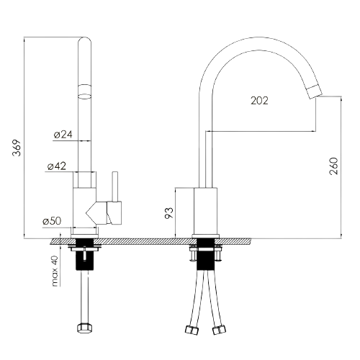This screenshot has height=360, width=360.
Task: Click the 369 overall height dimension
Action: click(17, 148)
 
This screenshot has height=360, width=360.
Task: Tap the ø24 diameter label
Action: click(63, 135)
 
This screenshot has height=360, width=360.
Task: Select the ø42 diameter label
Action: click(57, 166)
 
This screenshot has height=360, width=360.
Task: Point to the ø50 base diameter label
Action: click(52, 221)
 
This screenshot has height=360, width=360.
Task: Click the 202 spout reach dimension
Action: click(259, 101)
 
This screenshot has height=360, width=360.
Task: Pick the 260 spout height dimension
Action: click(333, 166)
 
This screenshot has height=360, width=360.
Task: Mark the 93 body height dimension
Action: click(169, 213)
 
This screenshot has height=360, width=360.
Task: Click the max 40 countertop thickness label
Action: click(55, 271)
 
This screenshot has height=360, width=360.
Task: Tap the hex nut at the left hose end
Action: click(85, 328)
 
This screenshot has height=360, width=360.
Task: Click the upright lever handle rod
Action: click(115, 186)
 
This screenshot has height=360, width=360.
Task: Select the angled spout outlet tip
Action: click(315, 91)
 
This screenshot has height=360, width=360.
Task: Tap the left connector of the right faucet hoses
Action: click(192, 330)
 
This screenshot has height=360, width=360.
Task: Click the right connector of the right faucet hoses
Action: click(219, 330)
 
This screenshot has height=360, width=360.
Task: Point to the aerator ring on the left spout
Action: click(85, 91)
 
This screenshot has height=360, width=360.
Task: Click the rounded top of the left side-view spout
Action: click(85, 41)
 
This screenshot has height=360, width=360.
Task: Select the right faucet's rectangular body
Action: click(206, 211)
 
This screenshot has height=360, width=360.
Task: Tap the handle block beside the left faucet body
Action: click(114, 213)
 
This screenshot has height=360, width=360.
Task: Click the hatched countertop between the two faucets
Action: click(145, 241)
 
